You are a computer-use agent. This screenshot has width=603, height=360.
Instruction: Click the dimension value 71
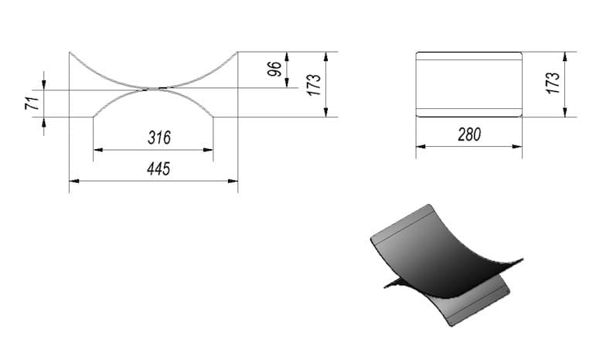click(x=32, y=104)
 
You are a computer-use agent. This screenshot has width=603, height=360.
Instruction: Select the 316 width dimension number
click(x=159, y=138)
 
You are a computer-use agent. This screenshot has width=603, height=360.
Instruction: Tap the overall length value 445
click(x=158, y=168)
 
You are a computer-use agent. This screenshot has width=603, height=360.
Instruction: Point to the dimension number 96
click(x=274, y=70)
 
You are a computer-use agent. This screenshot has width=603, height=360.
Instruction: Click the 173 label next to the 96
click(x=314, y=85)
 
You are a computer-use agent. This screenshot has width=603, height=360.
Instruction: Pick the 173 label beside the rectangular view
click(x=552, y=83)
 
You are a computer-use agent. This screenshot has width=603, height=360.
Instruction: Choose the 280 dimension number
click(x=469, y=134)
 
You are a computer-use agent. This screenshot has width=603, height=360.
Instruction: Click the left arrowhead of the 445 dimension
click(x=74, y=181)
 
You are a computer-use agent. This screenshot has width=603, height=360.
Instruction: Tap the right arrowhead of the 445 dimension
click(x=233, y=181)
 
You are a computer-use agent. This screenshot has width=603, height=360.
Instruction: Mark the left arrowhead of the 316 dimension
click(x=98, y=150)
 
